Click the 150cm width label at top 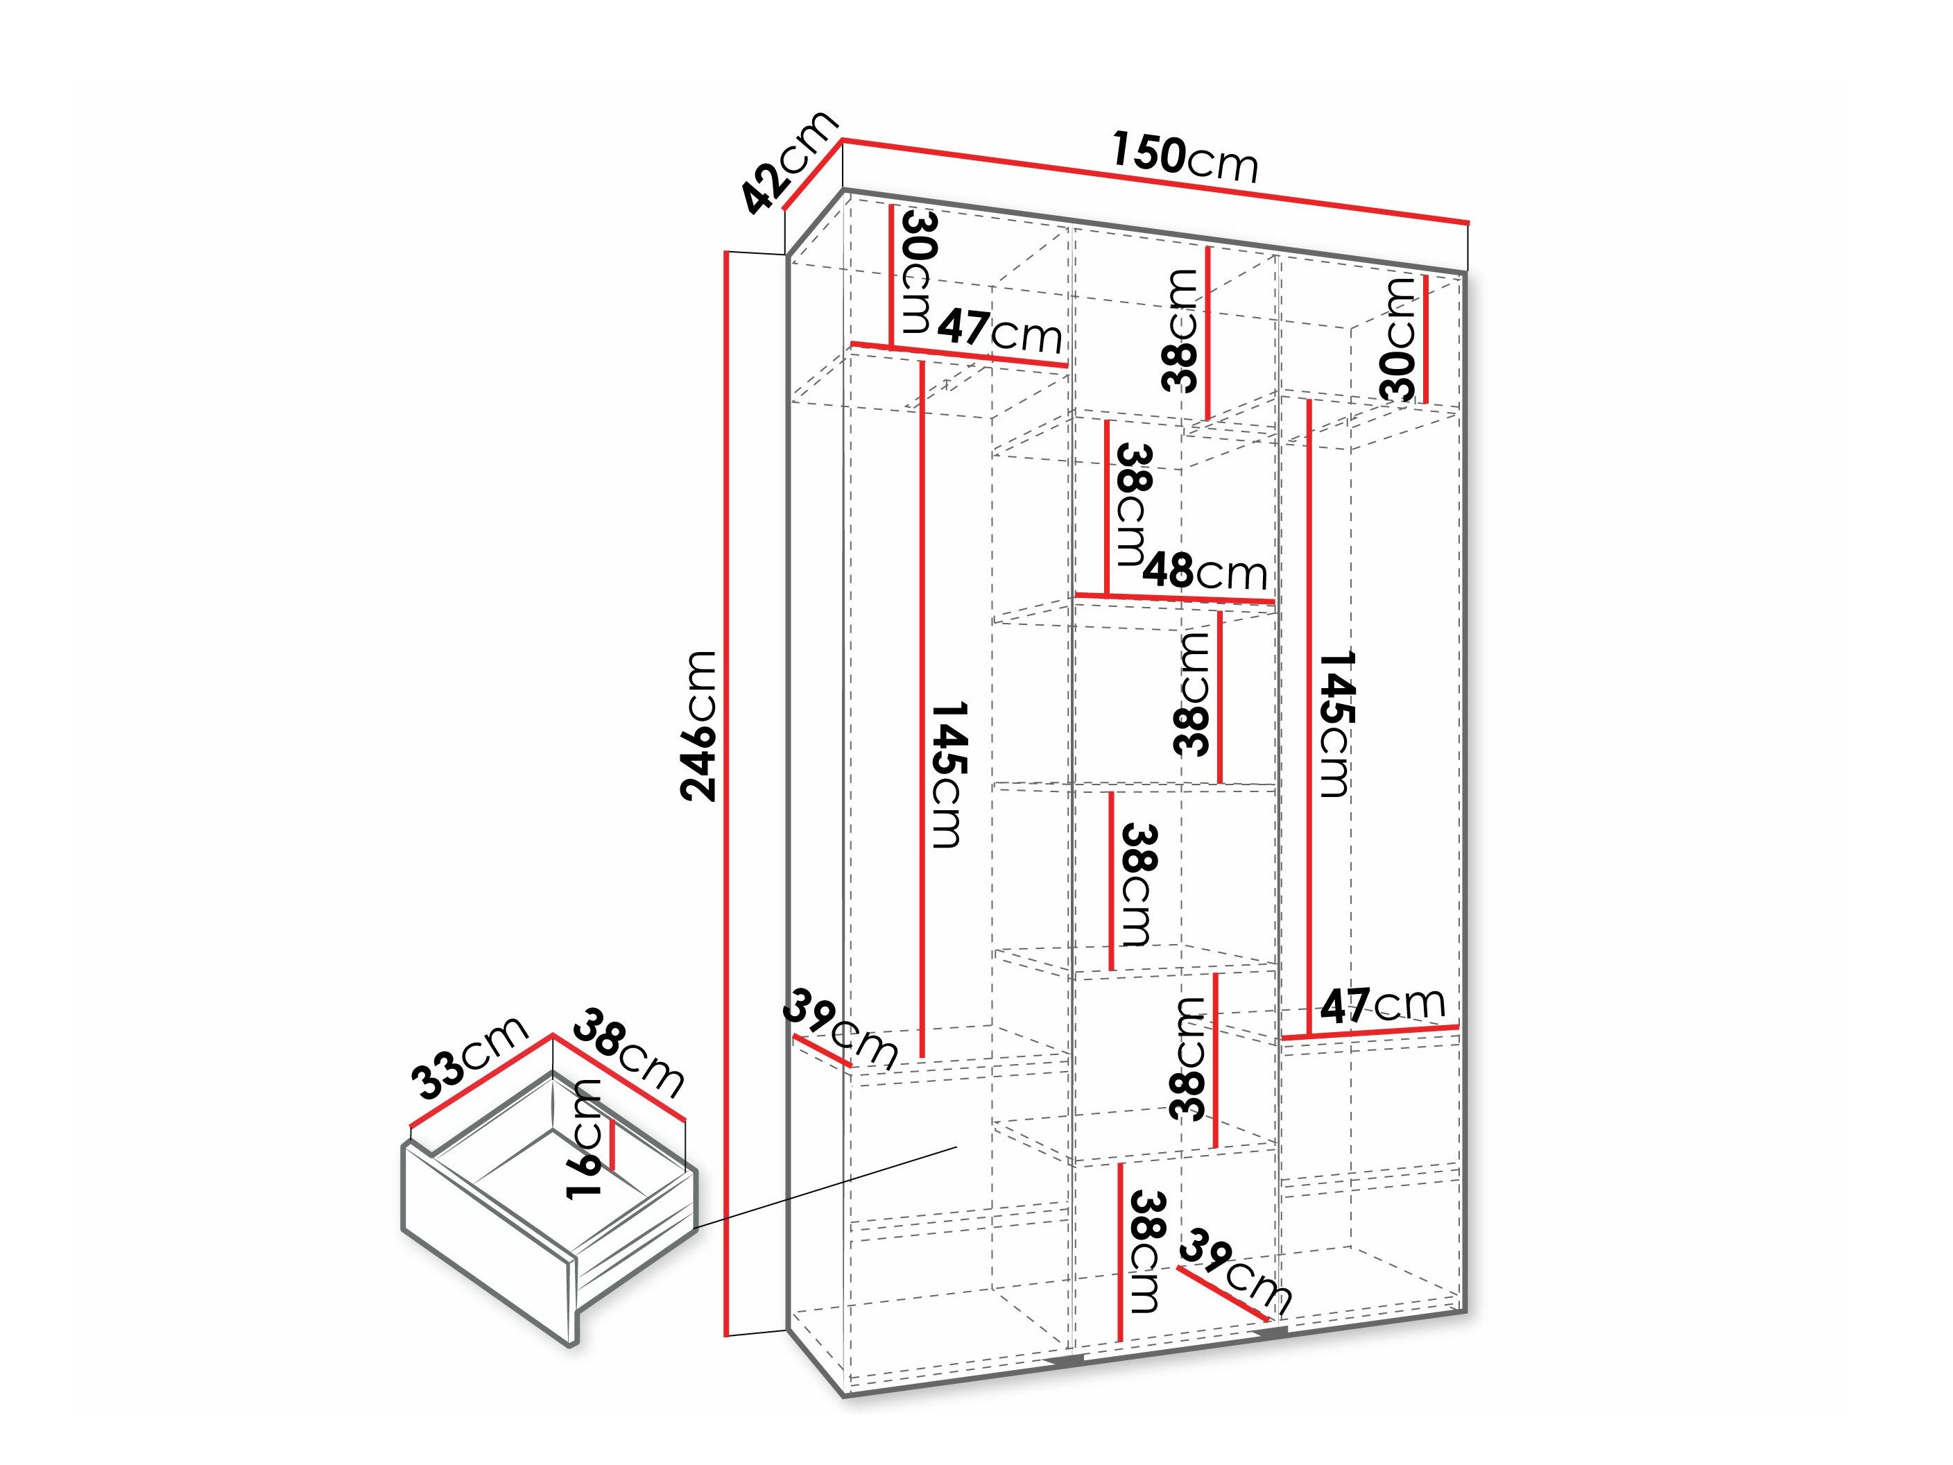tap(1184, 158)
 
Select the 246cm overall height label tap(698, 725)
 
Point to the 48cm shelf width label tap(1204, 572)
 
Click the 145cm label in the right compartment tap(1335, 724)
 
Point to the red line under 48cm tap(1174, 599)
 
